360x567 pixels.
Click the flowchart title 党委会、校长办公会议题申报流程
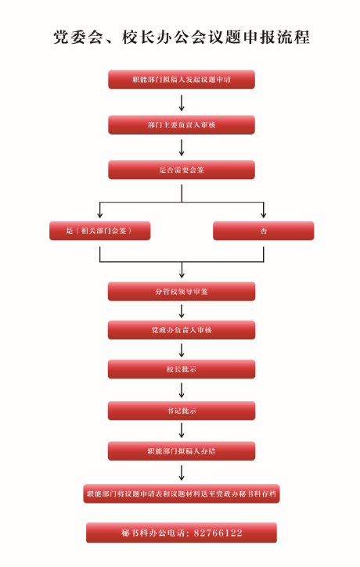point(182,38)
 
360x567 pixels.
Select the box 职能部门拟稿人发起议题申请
point(182,80)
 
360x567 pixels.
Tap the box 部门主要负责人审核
point(182,125)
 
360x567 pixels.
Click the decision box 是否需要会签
point(182,170)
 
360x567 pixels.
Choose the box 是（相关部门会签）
point(100,231)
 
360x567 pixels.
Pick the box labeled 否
point(264,231)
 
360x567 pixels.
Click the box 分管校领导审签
point(182,292)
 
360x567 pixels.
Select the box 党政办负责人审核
point(182,330)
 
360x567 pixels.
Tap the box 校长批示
point(182,369)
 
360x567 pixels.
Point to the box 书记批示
point(182,411)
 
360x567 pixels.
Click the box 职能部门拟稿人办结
point(182,451)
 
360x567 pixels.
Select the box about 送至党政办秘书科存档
point(182,493)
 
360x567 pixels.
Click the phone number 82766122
point(218,533)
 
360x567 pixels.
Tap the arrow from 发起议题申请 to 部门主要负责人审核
point(182,102)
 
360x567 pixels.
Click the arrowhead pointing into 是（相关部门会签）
point(100,215)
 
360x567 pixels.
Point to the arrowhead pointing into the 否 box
point(264,215)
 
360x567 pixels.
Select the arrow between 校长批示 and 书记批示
point(182,390)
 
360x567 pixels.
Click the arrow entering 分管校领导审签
point(182,270)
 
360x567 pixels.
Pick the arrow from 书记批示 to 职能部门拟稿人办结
point(182,430)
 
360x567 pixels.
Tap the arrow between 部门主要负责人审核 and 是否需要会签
point(182,148)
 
